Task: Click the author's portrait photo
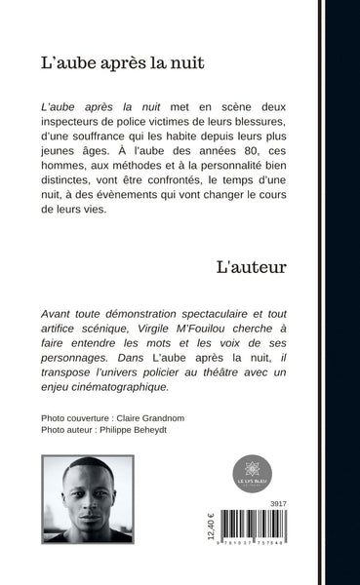point(87,498)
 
